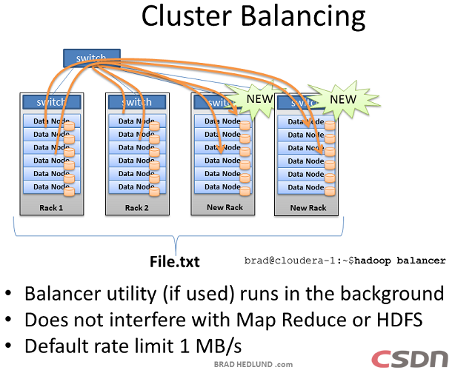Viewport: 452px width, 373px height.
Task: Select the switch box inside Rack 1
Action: coord(52,102)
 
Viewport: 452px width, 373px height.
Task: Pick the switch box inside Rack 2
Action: coord(137,102)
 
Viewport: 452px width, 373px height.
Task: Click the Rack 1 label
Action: coord(51,208)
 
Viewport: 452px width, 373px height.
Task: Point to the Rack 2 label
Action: coord(136,208)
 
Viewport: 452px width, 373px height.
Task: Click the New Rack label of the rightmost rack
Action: coord(308,208)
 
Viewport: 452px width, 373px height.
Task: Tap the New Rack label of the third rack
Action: coord(225,207)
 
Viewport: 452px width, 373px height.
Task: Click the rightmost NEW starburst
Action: coord(343,98)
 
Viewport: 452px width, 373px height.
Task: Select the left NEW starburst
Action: coord(259,98)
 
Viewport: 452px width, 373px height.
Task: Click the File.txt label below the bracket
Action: coord(175,261)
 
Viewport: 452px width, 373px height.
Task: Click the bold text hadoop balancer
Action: coord(408,261)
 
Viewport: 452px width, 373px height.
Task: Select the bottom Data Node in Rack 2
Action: coord(131,186)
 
